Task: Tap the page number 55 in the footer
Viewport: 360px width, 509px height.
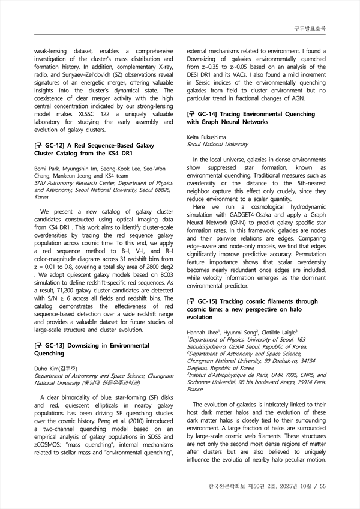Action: (x=322, y=486)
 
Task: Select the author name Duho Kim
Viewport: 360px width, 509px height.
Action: (x=47, y=369)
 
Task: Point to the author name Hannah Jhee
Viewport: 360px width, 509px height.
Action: (x=203, y=332)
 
